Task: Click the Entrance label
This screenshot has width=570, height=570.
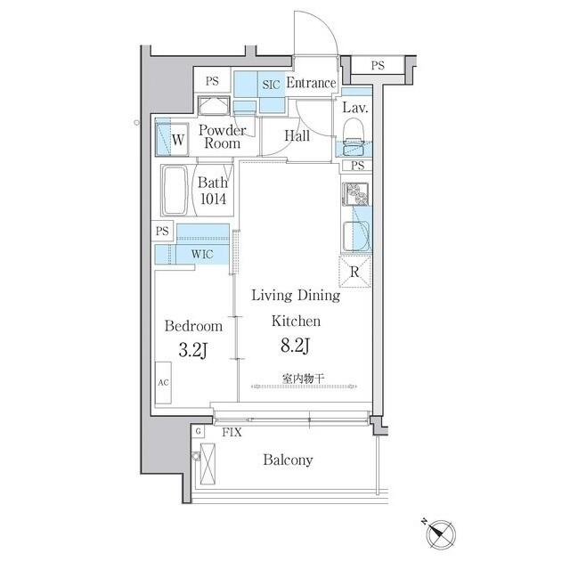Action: tap(310, 84)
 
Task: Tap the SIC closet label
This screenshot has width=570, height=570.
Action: tap(271, 85)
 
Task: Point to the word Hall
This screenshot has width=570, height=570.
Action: tap(297, 136)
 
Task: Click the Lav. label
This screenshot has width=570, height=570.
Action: tap(355, 108)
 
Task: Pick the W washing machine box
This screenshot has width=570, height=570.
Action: tap(178, 139)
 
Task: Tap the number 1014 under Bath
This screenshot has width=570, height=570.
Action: tap(212, 200)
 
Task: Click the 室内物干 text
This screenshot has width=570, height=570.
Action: tap(304, 379)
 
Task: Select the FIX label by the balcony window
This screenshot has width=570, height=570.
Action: tap(232, 431)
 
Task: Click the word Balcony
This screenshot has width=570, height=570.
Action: tap(287, 460)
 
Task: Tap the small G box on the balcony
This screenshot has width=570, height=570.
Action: tap(197, 431)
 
